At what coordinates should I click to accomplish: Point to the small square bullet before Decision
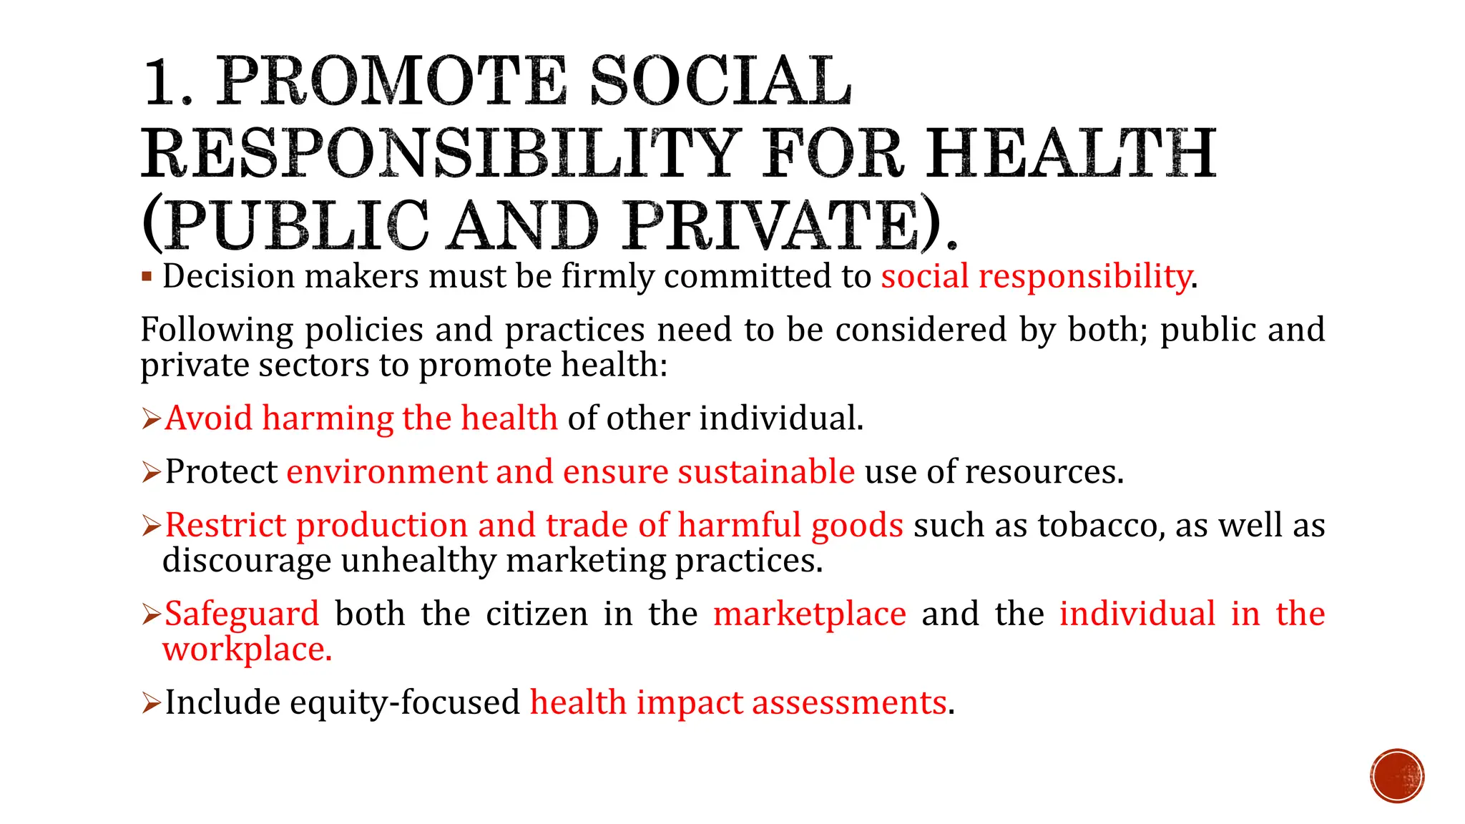pyautogui.click(x=147, y=277)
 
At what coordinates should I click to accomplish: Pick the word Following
pyautogui.click(x=217, y=330)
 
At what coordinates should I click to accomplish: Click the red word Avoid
pyautogui.click(x=208, y=418)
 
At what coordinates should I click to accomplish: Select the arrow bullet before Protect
pyautogui.click(x=151, y=472)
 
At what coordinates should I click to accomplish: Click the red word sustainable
pyautogui.click(x=766, y=472)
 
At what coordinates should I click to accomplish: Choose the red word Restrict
pyautogui.click(x=225, y=526)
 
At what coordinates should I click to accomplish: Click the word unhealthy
pyautogui.click(x=418, y=561)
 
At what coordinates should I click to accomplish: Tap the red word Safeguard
pyautogui.click(x=242, y=614)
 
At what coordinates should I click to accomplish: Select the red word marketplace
pyautogui.click(x=810, y=614)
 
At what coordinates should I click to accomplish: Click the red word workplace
pyautogui.click(x=247, y=649)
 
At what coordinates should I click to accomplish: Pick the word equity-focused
pyautogui.click(x=404, y=702)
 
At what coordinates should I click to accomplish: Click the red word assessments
pyautogui.click(x=849, y=702)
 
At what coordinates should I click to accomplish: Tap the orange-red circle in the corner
pyautogui.click(x=1397, y=776)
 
